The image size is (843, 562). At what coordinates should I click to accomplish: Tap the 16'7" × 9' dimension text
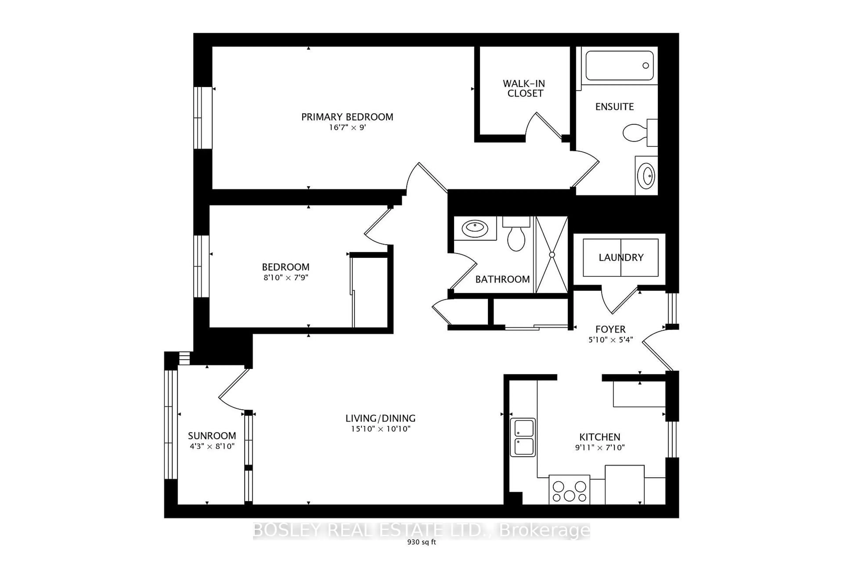click(x=347, y=128)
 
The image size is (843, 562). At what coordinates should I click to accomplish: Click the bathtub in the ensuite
click(x=619, y=66)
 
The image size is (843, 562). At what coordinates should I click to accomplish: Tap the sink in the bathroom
click(x=475, y=228)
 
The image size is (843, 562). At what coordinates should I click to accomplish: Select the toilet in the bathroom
click(x=516, y=237)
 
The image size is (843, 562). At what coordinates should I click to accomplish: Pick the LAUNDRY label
click(x=621, y=257)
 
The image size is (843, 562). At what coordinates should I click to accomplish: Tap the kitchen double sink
click(x=524, y=438)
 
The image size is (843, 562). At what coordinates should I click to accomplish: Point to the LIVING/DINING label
click(x=380, y=418)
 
